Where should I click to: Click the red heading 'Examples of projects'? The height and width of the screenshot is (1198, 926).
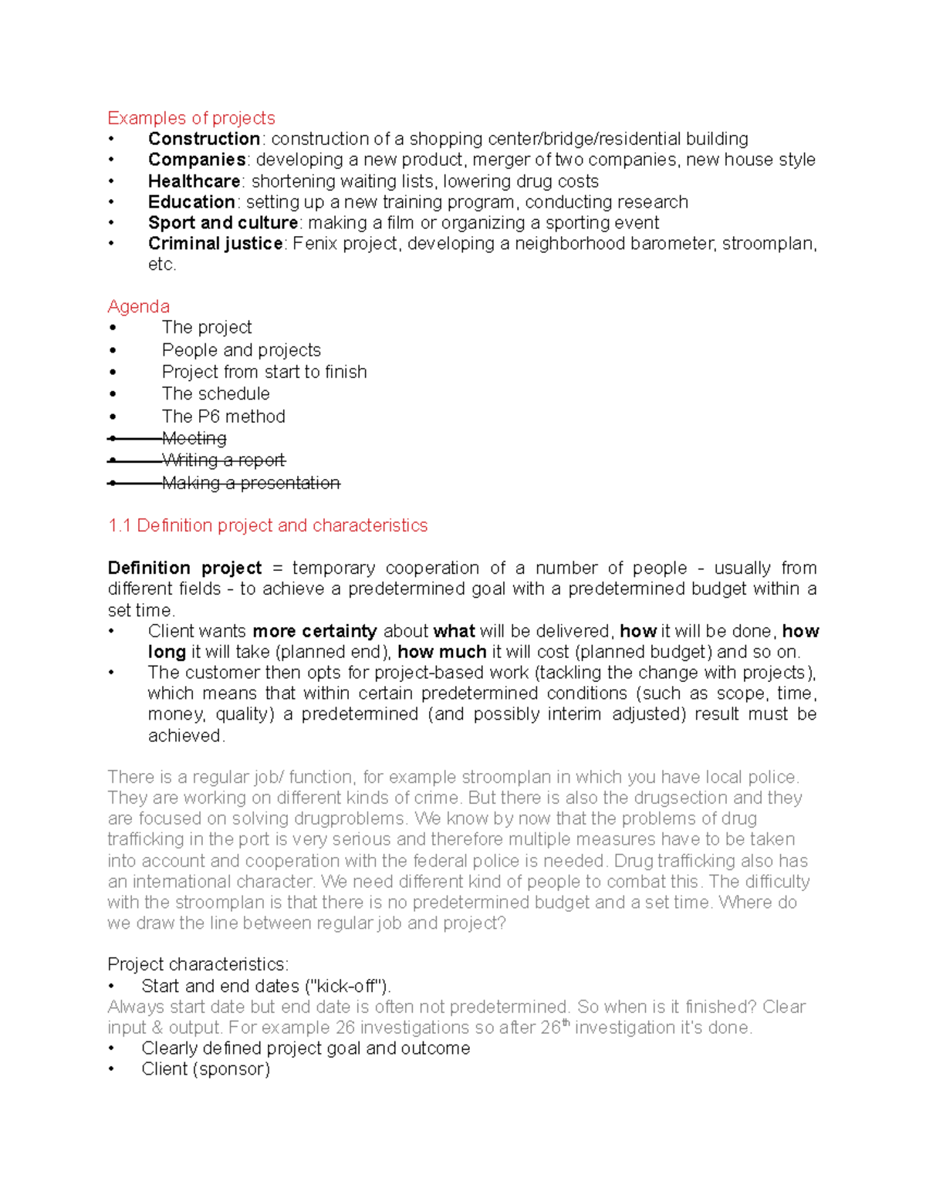pos(191,118)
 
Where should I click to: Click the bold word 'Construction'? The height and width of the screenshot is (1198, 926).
pos(204,139)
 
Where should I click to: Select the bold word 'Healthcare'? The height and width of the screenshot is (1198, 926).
pos(194,181)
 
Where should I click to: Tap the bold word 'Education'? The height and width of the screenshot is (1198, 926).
pos(191,202)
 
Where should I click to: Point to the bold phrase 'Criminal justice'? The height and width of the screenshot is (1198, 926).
pos(215,244)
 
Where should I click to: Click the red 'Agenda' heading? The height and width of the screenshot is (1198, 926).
pos(138,306)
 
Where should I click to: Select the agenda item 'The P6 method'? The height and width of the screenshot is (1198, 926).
pos(223,417)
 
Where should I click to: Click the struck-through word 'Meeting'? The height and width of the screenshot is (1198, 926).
pos(194,438)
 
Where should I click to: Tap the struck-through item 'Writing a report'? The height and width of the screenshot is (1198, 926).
pos(223,461)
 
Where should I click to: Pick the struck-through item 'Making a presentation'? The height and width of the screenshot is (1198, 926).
pos(251,483)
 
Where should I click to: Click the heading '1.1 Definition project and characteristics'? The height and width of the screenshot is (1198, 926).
pos(267,525)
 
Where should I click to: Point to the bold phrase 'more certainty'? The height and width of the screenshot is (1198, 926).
pos(314,631)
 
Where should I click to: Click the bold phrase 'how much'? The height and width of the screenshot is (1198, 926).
pos(441,652)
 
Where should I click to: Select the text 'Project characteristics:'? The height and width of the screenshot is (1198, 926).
pos(198,964)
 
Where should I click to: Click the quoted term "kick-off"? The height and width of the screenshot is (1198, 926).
pos(347,986)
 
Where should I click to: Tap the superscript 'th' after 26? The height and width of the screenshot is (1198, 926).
pos(566,1023)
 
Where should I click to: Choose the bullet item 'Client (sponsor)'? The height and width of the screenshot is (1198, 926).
pos(205,1069)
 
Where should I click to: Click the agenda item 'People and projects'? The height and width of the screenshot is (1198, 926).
pos(241,350)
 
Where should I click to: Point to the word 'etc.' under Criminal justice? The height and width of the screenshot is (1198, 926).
pos(162,265)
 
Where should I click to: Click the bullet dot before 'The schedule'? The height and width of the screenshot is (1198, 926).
pos(113,394)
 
